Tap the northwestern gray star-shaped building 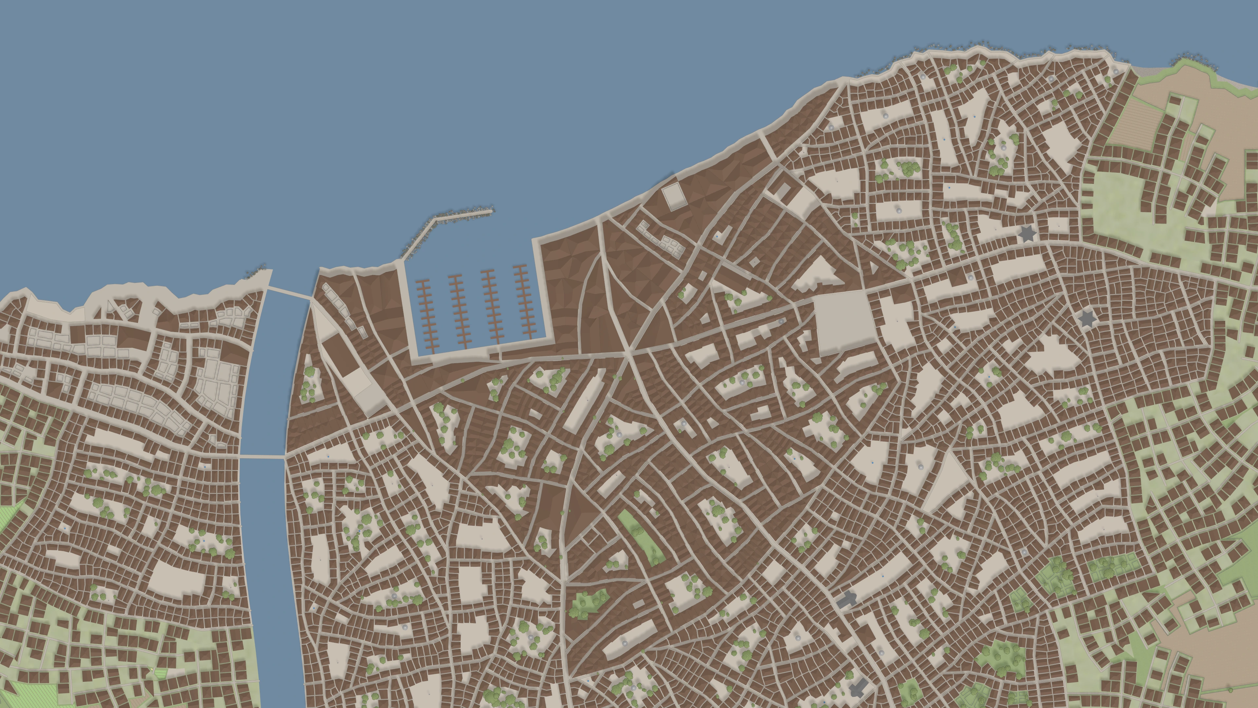tap(1027, 234)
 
